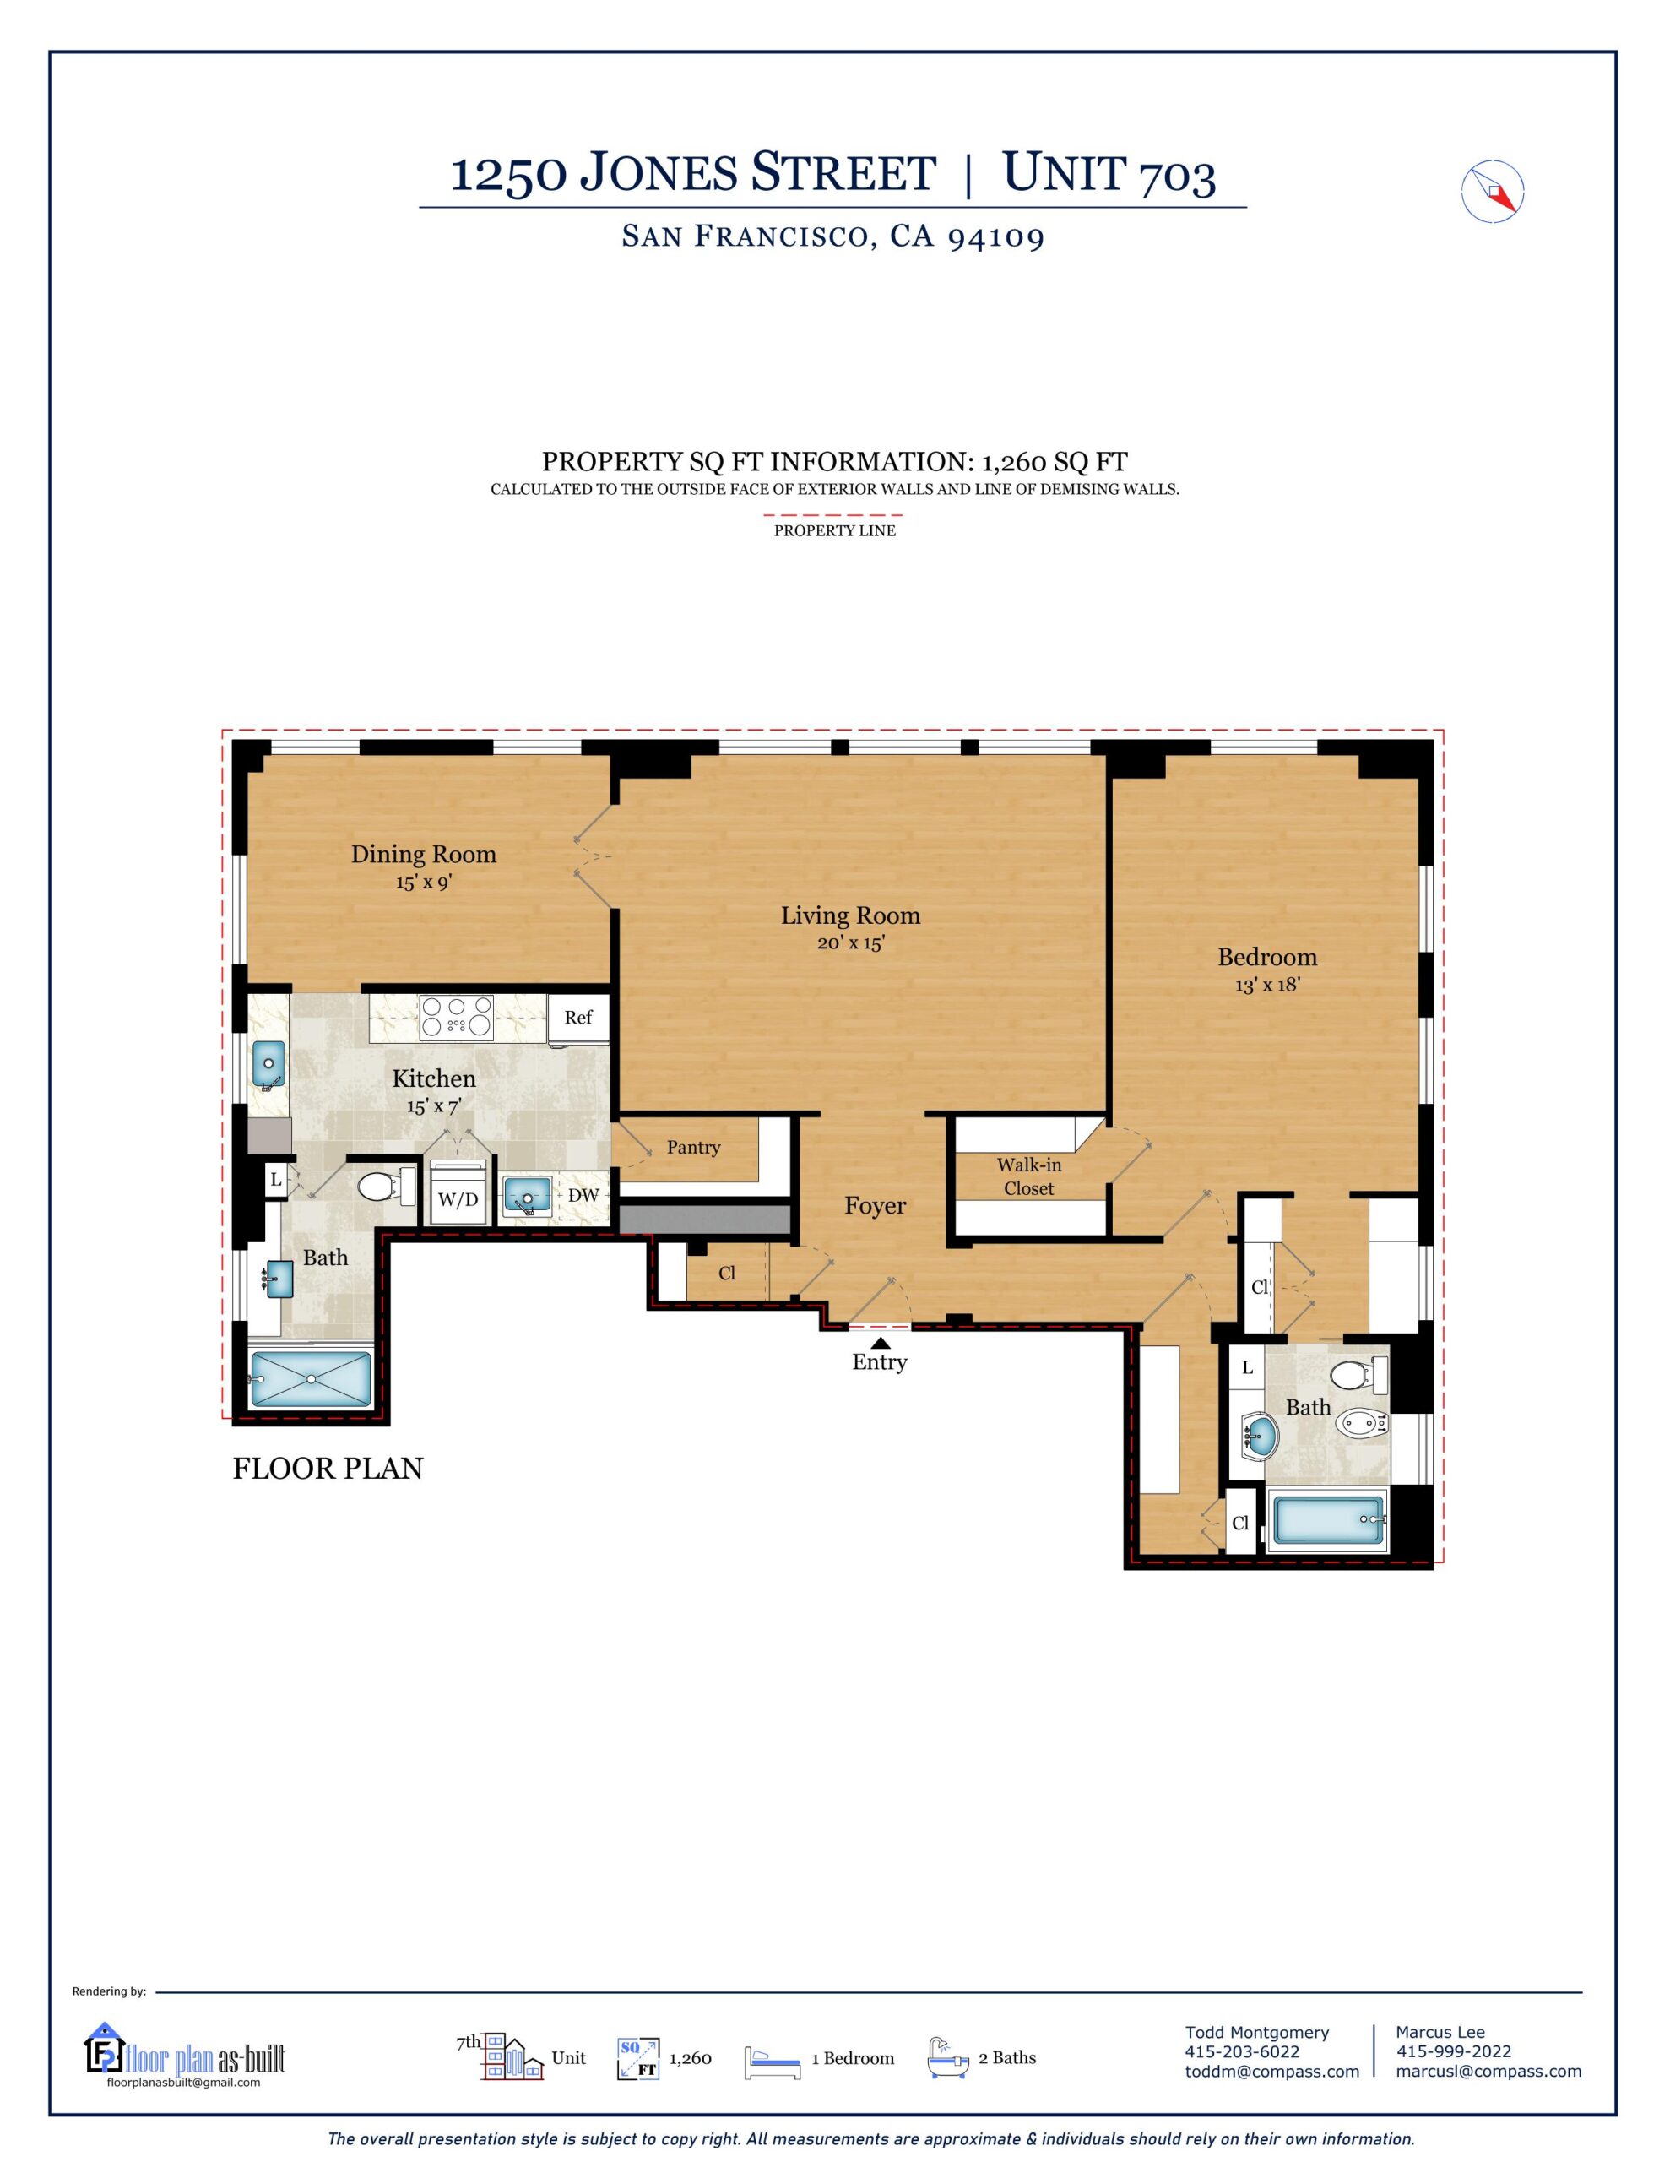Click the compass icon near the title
1492,190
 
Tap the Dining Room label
423,855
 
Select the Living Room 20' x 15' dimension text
850,943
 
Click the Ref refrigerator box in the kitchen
578,1018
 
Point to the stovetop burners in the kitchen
457,1018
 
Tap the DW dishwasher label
583,1196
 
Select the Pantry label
693,1148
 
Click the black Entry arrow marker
880,1342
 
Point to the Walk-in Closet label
1028,1177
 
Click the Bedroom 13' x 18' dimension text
1267,986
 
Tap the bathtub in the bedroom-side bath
1327,1519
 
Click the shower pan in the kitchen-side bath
311,1379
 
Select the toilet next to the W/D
384,1187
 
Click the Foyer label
875,1206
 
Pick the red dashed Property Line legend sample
832,515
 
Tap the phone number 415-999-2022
1453,2051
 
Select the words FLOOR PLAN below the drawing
328,1469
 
